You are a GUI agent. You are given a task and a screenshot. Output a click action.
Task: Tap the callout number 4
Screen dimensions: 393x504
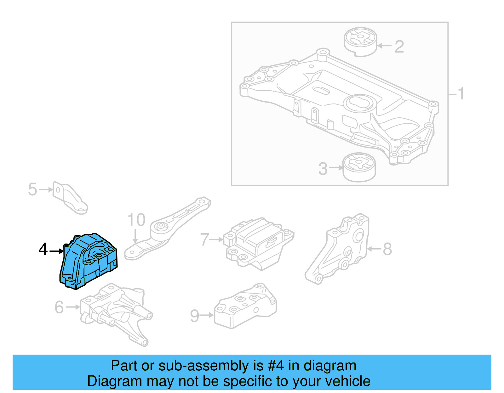coord(43,250)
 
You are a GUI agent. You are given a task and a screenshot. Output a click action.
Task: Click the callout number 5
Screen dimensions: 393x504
coord(32,190)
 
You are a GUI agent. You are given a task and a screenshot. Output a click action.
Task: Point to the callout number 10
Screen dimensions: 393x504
coord(136,220)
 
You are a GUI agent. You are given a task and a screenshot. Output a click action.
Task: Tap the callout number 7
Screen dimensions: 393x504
coord(205,240)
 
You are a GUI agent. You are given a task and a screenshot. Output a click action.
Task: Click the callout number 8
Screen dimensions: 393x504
coord(387,249)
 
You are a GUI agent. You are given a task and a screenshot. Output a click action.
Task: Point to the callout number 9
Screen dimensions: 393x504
coord(195,316)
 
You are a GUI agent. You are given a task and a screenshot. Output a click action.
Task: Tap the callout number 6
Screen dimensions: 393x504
coord(59,307)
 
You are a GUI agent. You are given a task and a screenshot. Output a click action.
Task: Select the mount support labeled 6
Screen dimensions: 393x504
coord(117,312)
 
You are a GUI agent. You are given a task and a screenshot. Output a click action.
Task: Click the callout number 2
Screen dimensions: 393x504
coord(399,47)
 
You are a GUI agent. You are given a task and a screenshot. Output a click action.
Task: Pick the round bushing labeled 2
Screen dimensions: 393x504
coord(360,42)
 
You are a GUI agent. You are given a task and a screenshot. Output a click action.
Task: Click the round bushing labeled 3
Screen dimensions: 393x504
coord(359,167)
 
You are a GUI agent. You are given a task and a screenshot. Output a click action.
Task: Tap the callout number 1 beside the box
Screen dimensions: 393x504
coord(461,94)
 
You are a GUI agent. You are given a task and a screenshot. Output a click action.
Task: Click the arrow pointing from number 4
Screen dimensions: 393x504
coord(57,251)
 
